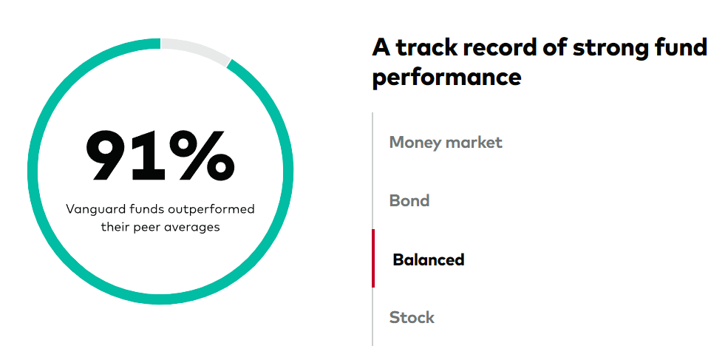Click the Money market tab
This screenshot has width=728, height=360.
[x=446, y=143]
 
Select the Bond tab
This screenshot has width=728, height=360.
[x=409, y=201]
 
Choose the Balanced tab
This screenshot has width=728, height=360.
[x=428, y=259]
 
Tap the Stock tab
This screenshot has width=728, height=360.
[x=412, y=318]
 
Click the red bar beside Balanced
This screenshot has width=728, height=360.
[x=373, y=258]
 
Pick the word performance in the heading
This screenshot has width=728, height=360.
[x=446, y=77]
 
